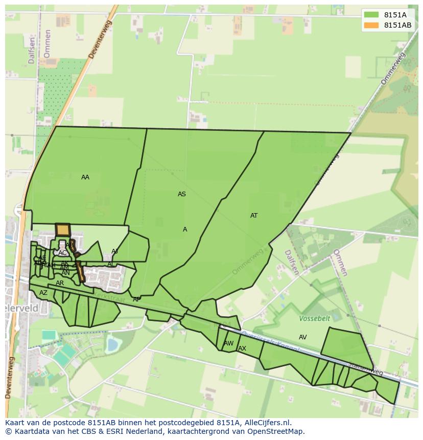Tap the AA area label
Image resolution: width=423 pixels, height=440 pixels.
point(85,177)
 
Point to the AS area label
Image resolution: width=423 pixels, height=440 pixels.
point(182,194)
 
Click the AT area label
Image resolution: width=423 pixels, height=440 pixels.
point(254,216)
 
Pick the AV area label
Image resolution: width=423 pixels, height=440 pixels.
point(303,337)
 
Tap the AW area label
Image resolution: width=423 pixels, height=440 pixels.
point(229,343)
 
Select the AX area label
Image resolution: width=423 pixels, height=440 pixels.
point(242,349)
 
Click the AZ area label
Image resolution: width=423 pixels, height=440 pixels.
point(43,293)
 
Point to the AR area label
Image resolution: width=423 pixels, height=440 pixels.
point(60,283)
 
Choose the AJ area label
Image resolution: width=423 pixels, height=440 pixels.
point(114,251)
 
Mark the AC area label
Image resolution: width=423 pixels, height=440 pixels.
point(62,253)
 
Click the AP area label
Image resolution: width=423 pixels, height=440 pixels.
point(136,299)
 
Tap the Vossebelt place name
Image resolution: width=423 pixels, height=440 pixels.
point(315,318)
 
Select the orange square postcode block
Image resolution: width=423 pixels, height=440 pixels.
point(62,230)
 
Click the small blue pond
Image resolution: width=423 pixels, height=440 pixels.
point(112,345)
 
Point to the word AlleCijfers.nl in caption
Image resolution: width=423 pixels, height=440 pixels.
point(267,423)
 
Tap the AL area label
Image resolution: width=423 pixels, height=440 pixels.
point(110,265)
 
